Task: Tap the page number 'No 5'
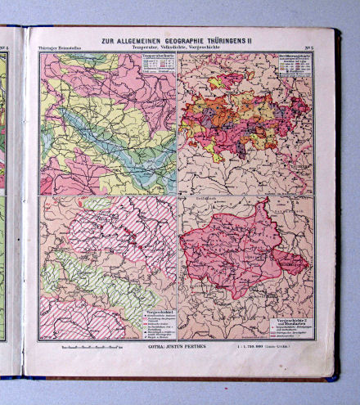[307, 49]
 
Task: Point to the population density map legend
[294, 69]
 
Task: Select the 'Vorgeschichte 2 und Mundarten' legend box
[292, 323]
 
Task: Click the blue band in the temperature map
[115, 139]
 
